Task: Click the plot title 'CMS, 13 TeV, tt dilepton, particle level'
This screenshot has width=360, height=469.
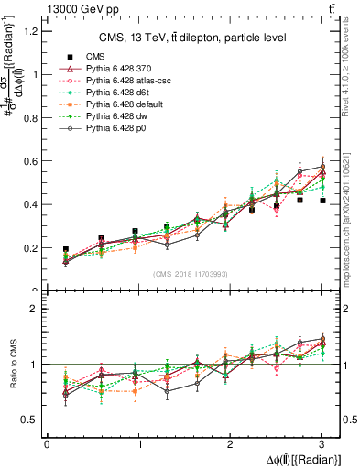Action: click(x=190, y=38)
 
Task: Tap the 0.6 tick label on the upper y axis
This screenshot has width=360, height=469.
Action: click(x=30, y=161)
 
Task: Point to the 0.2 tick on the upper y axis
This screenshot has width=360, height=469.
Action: click(x=30, y=248)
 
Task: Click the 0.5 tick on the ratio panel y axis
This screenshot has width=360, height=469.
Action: click(x=30, y=420)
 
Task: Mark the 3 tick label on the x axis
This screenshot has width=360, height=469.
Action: click(x=322, y=444)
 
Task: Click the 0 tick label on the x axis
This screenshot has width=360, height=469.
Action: click(x=47, y=444)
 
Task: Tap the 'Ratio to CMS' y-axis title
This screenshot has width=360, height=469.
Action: click(x=12, y=365)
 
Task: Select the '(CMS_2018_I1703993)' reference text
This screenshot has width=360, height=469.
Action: click(x=192, y=274)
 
